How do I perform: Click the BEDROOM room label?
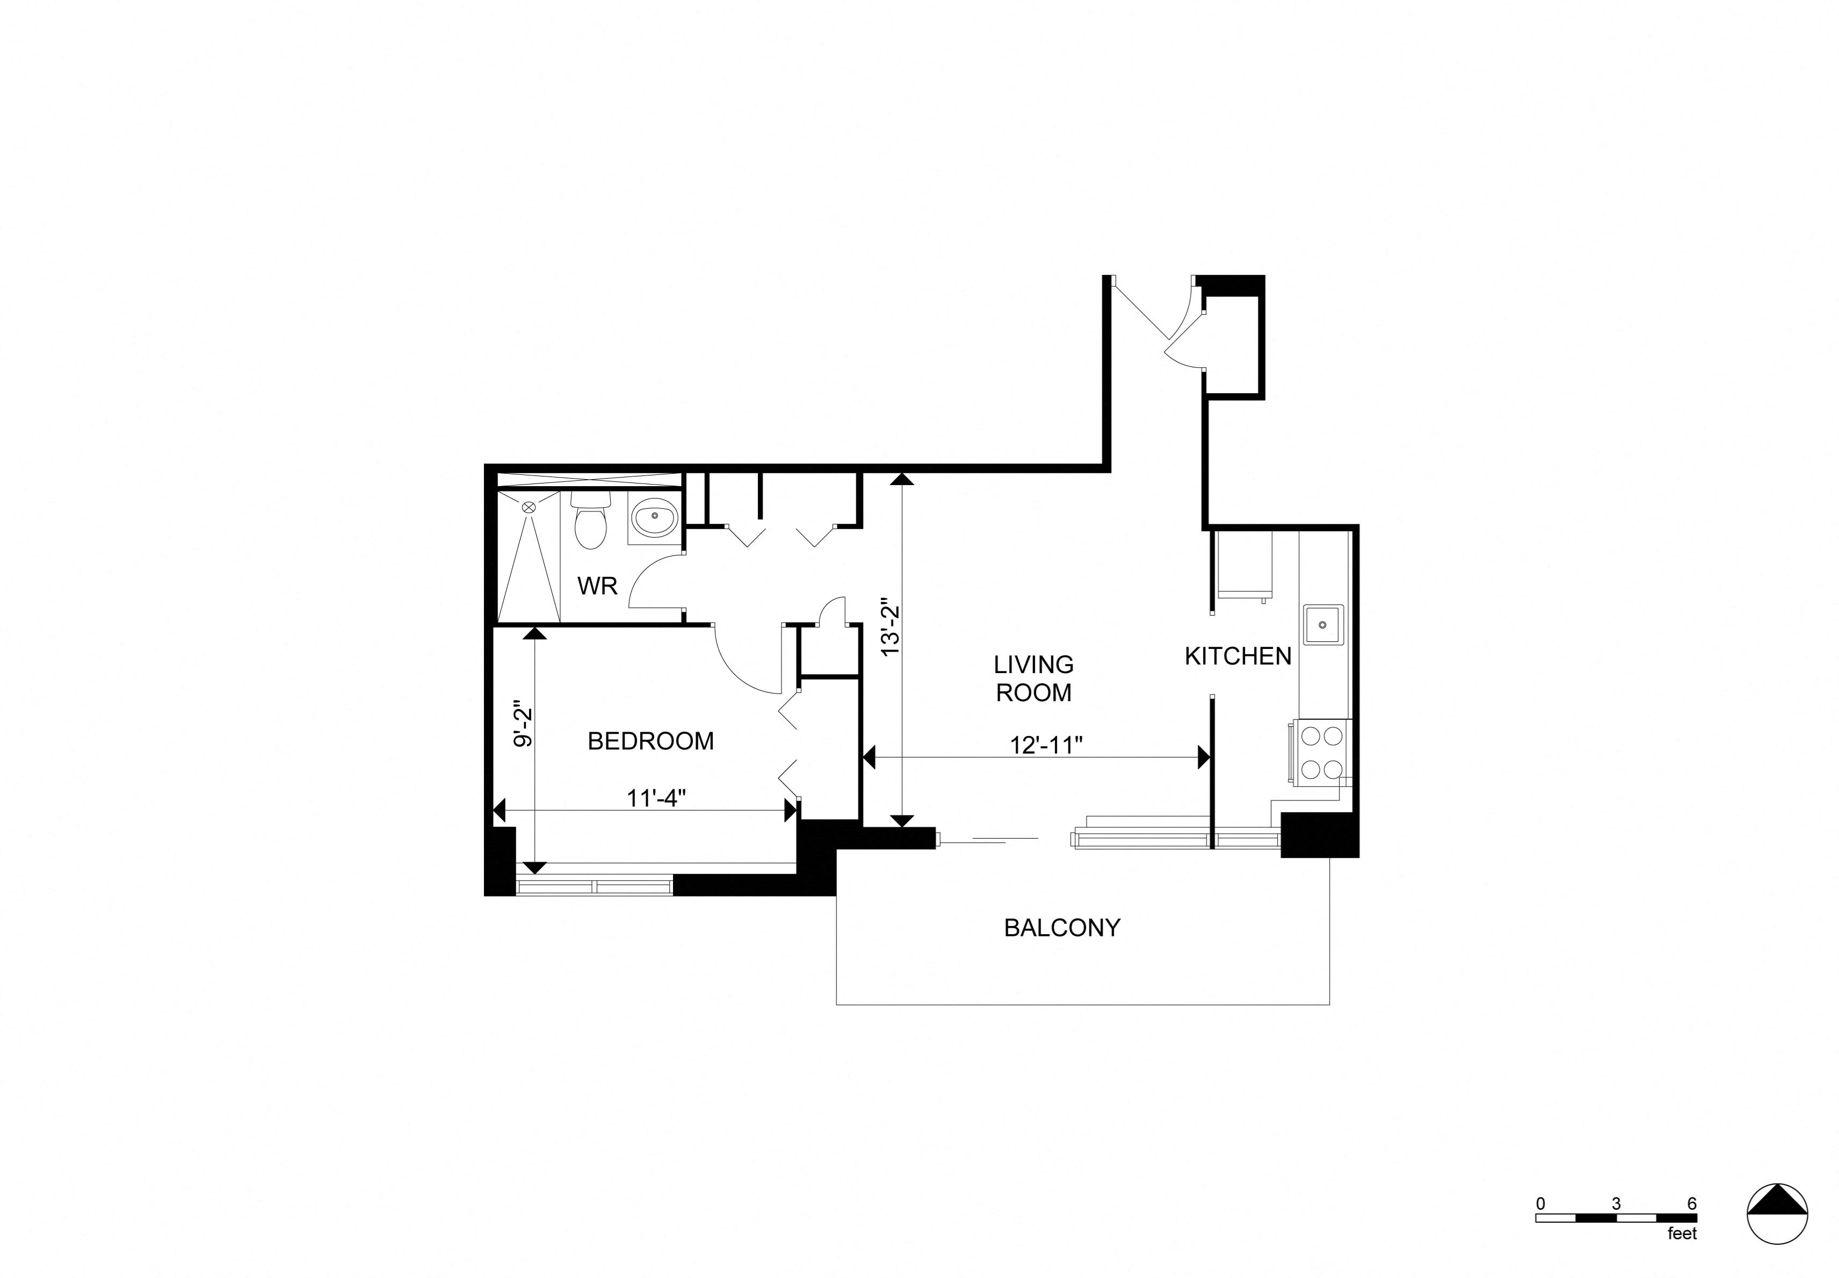coord(650,741)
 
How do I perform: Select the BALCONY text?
coord(1062,927)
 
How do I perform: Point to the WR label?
coord(597,586)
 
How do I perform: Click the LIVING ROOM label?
coord(1033,678)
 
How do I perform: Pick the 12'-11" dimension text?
coord(1046,745)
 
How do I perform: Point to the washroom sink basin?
coord(654,519)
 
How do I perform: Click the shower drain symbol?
coord(529,507)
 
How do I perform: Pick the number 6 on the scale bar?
coord(1692,1226)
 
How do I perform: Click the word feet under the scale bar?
coord(1682,1257)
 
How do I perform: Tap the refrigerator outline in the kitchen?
coord(1243,565)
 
